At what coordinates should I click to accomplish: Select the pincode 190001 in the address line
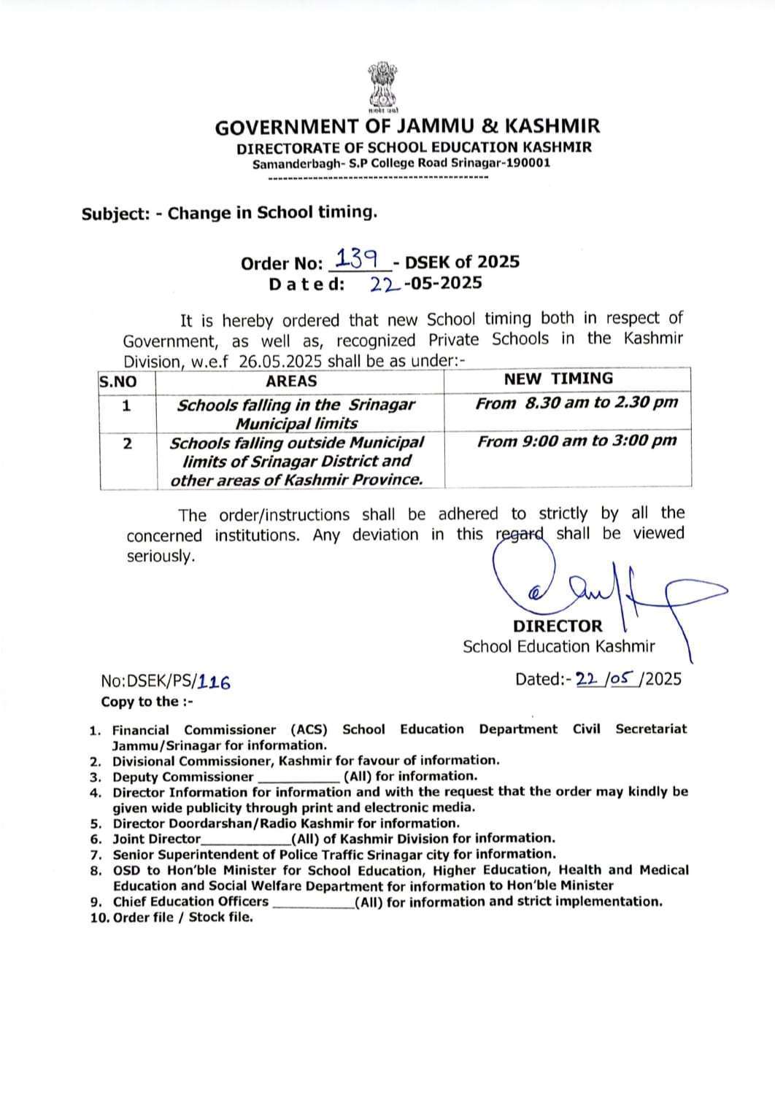(527, 163)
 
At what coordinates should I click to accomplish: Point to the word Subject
(115, 214)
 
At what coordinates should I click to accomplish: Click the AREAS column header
(291, 381)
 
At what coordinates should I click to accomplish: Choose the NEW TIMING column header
(558, 379)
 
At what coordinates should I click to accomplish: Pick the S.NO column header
(118, 381)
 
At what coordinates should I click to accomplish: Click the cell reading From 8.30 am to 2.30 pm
(577, 403)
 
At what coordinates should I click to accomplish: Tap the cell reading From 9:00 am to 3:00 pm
(577, 441)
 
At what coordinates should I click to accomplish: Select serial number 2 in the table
(127, 443)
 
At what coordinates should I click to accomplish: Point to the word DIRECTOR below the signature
(558, 626)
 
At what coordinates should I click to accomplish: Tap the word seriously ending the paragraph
(161, 556)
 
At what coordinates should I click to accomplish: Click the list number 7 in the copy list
(96, 854)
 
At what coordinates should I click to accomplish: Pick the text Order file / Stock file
(183, 918)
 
